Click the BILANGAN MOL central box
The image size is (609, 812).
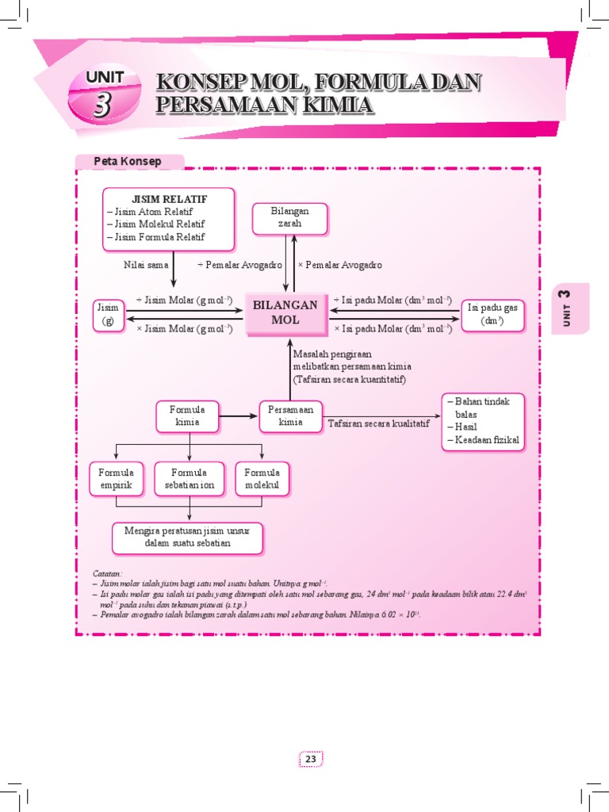[x=285, y=313]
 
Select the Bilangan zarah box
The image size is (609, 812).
[x=289, y=218]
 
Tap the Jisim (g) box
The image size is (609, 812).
[x=108, y=314]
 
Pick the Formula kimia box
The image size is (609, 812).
[x=187, y=416]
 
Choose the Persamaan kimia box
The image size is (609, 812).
[x=290, y=416]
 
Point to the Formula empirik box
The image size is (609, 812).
[x=116, y=479]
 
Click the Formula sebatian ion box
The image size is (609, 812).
[x=189, y=479]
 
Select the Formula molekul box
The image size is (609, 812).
[x=262, y=479]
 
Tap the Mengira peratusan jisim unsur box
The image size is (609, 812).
[x=187, y=537]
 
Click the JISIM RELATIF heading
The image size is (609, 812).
[x=169, y=199]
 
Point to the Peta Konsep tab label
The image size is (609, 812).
[x=128, y=162]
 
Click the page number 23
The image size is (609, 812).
[x=311, y=759]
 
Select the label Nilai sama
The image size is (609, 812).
[x=146, y=265]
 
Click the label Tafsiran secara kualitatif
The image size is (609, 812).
[x=379, y=423]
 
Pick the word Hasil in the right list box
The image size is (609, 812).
[x=467, y=427]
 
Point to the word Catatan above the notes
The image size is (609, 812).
[x=107, y=573]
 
